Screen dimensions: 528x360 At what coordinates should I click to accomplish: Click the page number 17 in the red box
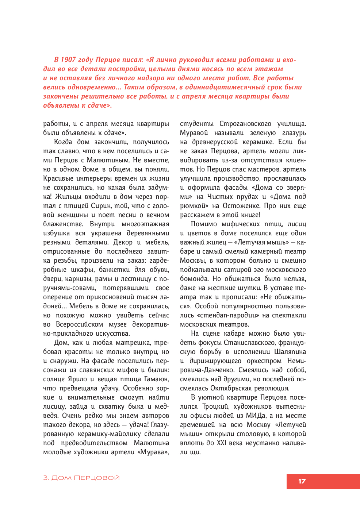(x=302, y=481)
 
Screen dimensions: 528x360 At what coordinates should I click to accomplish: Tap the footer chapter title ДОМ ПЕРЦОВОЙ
(x=85, y=478)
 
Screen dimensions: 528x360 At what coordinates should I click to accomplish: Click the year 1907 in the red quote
(x=68, y=60)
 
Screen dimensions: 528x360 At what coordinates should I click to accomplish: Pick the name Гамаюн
(x=156, y=379)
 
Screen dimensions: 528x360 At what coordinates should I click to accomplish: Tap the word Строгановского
(x=245, y=124)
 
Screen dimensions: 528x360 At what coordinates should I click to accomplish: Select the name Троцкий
(x=215, y=406)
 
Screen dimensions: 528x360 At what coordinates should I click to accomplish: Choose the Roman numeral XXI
(x=222, y=443)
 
